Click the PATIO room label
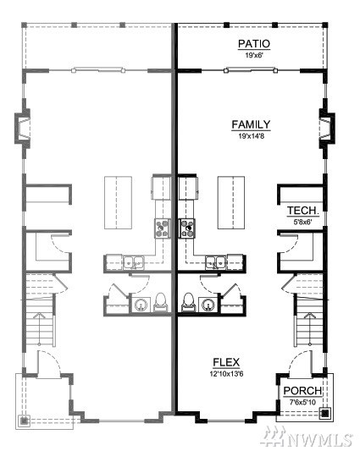pyautogui.click(x=254, y=44)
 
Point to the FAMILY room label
pyautogui.click(x=251, y=124)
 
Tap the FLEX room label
pyautogui.click(x=226, y=362)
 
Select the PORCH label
pyautogui.click(x=302, y=391)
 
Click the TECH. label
pyautogui.click(x=303, y=211)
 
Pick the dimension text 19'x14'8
pyautogui.click(x=251, y=136)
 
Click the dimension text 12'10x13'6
pyautogui.click(x=227, y=374)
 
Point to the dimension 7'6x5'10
pyautogui.click(x=302, y=403)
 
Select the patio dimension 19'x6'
pyautogui.click(x=254, y=55)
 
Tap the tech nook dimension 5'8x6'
pyautogui.click(x=302, y=222)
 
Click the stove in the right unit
pyautogui.click(x=187, y=228)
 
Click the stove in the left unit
pyautogui.click(x=163, y=228)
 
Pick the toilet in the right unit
pyautogui.click(x=189, y=302)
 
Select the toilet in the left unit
pyautogui.click(x=160, y=302)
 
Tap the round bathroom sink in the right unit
pyautogui.click(x=208, y=305)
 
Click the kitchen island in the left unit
pyautogui.click(x=118, y=203)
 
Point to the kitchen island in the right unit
pyautogui.click(x=231, y=203)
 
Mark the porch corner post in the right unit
pyautogui.click(x=325, y=413)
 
